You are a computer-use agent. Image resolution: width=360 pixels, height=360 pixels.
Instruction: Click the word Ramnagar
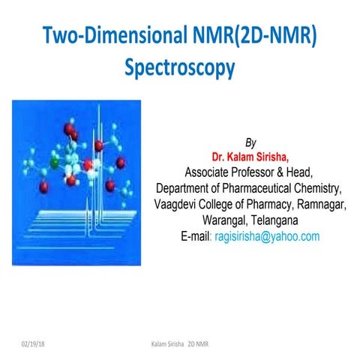pos(319,204)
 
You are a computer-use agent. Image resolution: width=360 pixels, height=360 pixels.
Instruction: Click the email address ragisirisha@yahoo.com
pos(267,236)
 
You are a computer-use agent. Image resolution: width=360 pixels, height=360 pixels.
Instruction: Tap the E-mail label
pos(196,236)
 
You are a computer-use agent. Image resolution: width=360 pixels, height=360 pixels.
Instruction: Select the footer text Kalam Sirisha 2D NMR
pos(178,343)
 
